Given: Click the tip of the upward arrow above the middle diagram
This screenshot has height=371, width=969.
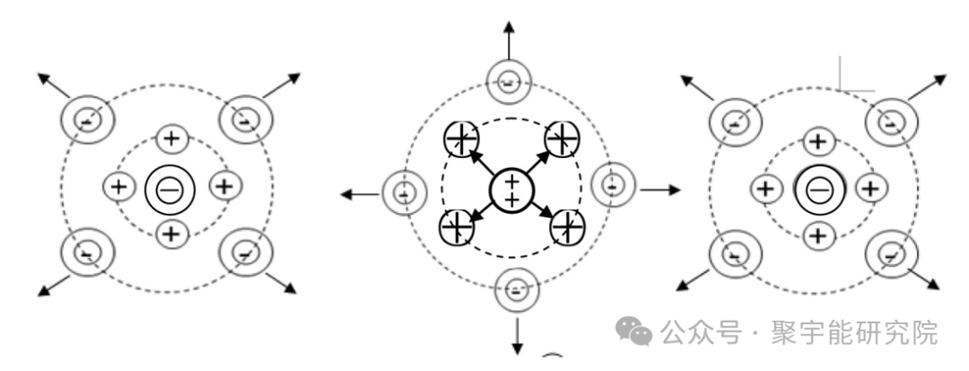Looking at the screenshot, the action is (x=509, y=21).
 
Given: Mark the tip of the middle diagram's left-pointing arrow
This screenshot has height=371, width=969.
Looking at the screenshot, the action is (x=341, y=194).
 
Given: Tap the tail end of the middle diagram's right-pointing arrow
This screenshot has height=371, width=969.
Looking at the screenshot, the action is (x=641, y=190).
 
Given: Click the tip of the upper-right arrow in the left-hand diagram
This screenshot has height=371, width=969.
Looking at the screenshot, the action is (x=301, y=74).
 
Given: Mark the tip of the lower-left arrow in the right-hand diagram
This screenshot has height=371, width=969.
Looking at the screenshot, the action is (x=676, y=290).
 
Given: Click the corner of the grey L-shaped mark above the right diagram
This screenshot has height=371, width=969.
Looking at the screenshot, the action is (x=840, y=91).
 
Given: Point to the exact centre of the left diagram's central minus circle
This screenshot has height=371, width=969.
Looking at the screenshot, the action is (x=170, y=190).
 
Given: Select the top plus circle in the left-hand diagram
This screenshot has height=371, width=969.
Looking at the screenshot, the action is (x=171, y=137).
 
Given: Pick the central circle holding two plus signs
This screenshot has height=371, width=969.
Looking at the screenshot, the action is (x=511, y=190).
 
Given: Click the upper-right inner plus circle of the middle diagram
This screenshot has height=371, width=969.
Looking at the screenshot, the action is (x=562, y=138).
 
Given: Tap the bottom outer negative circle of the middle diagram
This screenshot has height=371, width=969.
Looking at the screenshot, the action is (x=517, y=289).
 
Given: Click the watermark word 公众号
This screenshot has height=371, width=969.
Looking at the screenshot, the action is (x=700, y=332).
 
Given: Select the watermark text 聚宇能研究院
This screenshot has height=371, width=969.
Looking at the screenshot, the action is (x=855, y=332).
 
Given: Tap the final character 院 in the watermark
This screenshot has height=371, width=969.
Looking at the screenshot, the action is (x=925, y=332).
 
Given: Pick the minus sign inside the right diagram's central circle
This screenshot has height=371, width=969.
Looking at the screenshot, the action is (x=819, y=190).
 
